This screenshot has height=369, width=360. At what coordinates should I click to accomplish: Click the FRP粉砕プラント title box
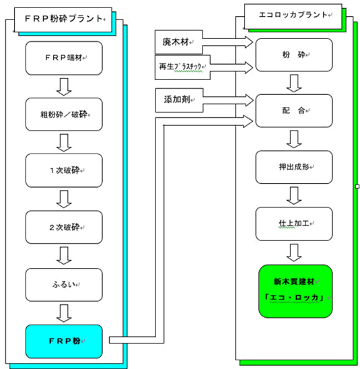(x=63, y=20)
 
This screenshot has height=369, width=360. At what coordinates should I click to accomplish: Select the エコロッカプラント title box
(x=293, y=16)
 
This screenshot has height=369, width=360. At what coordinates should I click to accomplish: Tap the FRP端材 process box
(x=64, y=58)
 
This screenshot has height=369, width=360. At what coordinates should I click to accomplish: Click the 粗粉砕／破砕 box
(x=64, y=114)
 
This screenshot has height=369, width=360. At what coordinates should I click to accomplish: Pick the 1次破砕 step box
(x=64, y=170)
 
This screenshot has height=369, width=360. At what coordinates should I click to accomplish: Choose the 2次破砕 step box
(x=64, y=227)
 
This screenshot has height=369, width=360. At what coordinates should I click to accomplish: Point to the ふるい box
(x=64, y=285)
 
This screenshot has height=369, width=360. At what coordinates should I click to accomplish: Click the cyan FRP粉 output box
(x=64, y=341)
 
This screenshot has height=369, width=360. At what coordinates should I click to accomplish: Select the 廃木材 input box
(x=179, y=42)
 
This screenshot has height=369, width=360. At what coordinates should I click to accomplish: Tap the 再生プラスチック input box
(x=182, y=67)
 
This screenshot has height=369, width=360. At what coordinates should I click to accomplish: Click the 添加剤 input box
(x=179, y=100)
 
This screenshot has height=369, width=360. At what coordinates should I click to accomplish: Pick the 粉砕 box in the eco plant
(x=294, y=55)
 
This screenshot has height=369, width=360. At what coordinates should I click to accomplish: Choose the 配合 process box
(x=294, y=110)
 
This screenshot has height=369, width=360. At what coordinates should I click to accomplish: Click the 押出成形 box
(x=294, y=167)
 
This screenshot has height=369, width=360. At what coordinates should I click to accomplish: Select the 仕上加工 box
(x=294, y=224)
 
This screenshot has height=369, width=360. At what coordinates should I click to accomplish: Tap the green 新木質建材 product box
(x=295, y=292)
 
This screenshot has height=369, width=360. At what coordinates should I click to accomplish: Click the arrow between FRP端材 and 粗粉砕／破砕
(x=64, y=87)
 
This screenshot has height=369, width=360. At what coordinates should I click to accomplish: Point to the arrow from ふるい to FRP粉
(x=64, y=313)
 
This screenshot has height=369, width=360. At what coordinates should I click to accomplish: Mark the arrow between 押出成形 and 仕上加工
(x=294, y=195)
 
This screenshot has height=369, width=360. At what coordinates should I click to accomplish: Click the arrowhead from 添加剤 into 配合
(x=249, y=100)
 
